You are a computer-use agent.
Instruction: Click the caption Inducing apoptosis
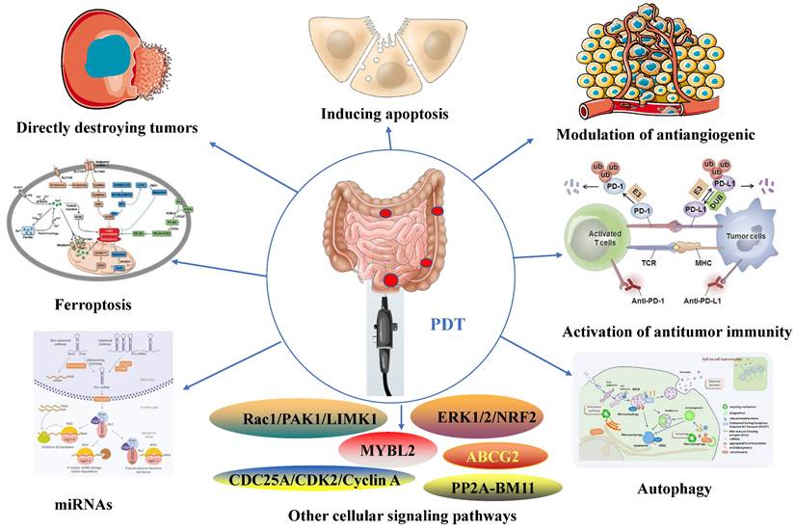[x=384, y=115]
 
